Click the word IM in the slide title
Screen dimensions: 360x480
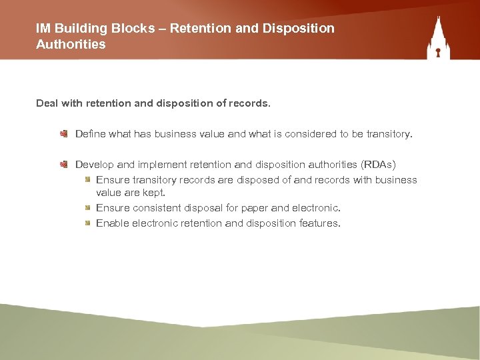[43, 29]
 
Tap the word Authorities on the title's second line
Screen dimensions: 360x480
[71, 45]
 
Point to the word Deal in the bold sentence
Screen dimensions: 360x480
[47, 103]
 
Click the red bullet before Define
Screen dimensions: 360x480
[63, 134]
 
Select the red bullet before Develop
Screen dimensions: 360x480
[63, 164]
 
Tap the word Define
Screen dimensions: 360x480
[91, 134]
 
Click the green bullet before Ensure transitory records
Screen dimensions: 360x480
[88, 180]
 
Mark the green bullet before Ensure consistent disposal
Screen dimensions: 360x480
[88, 208]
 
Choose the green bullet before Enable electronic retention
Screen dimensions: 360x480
[88, 223]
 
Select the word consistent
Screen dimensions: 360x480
[155, 208]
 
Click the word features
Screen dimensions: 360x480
[320, 223]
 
